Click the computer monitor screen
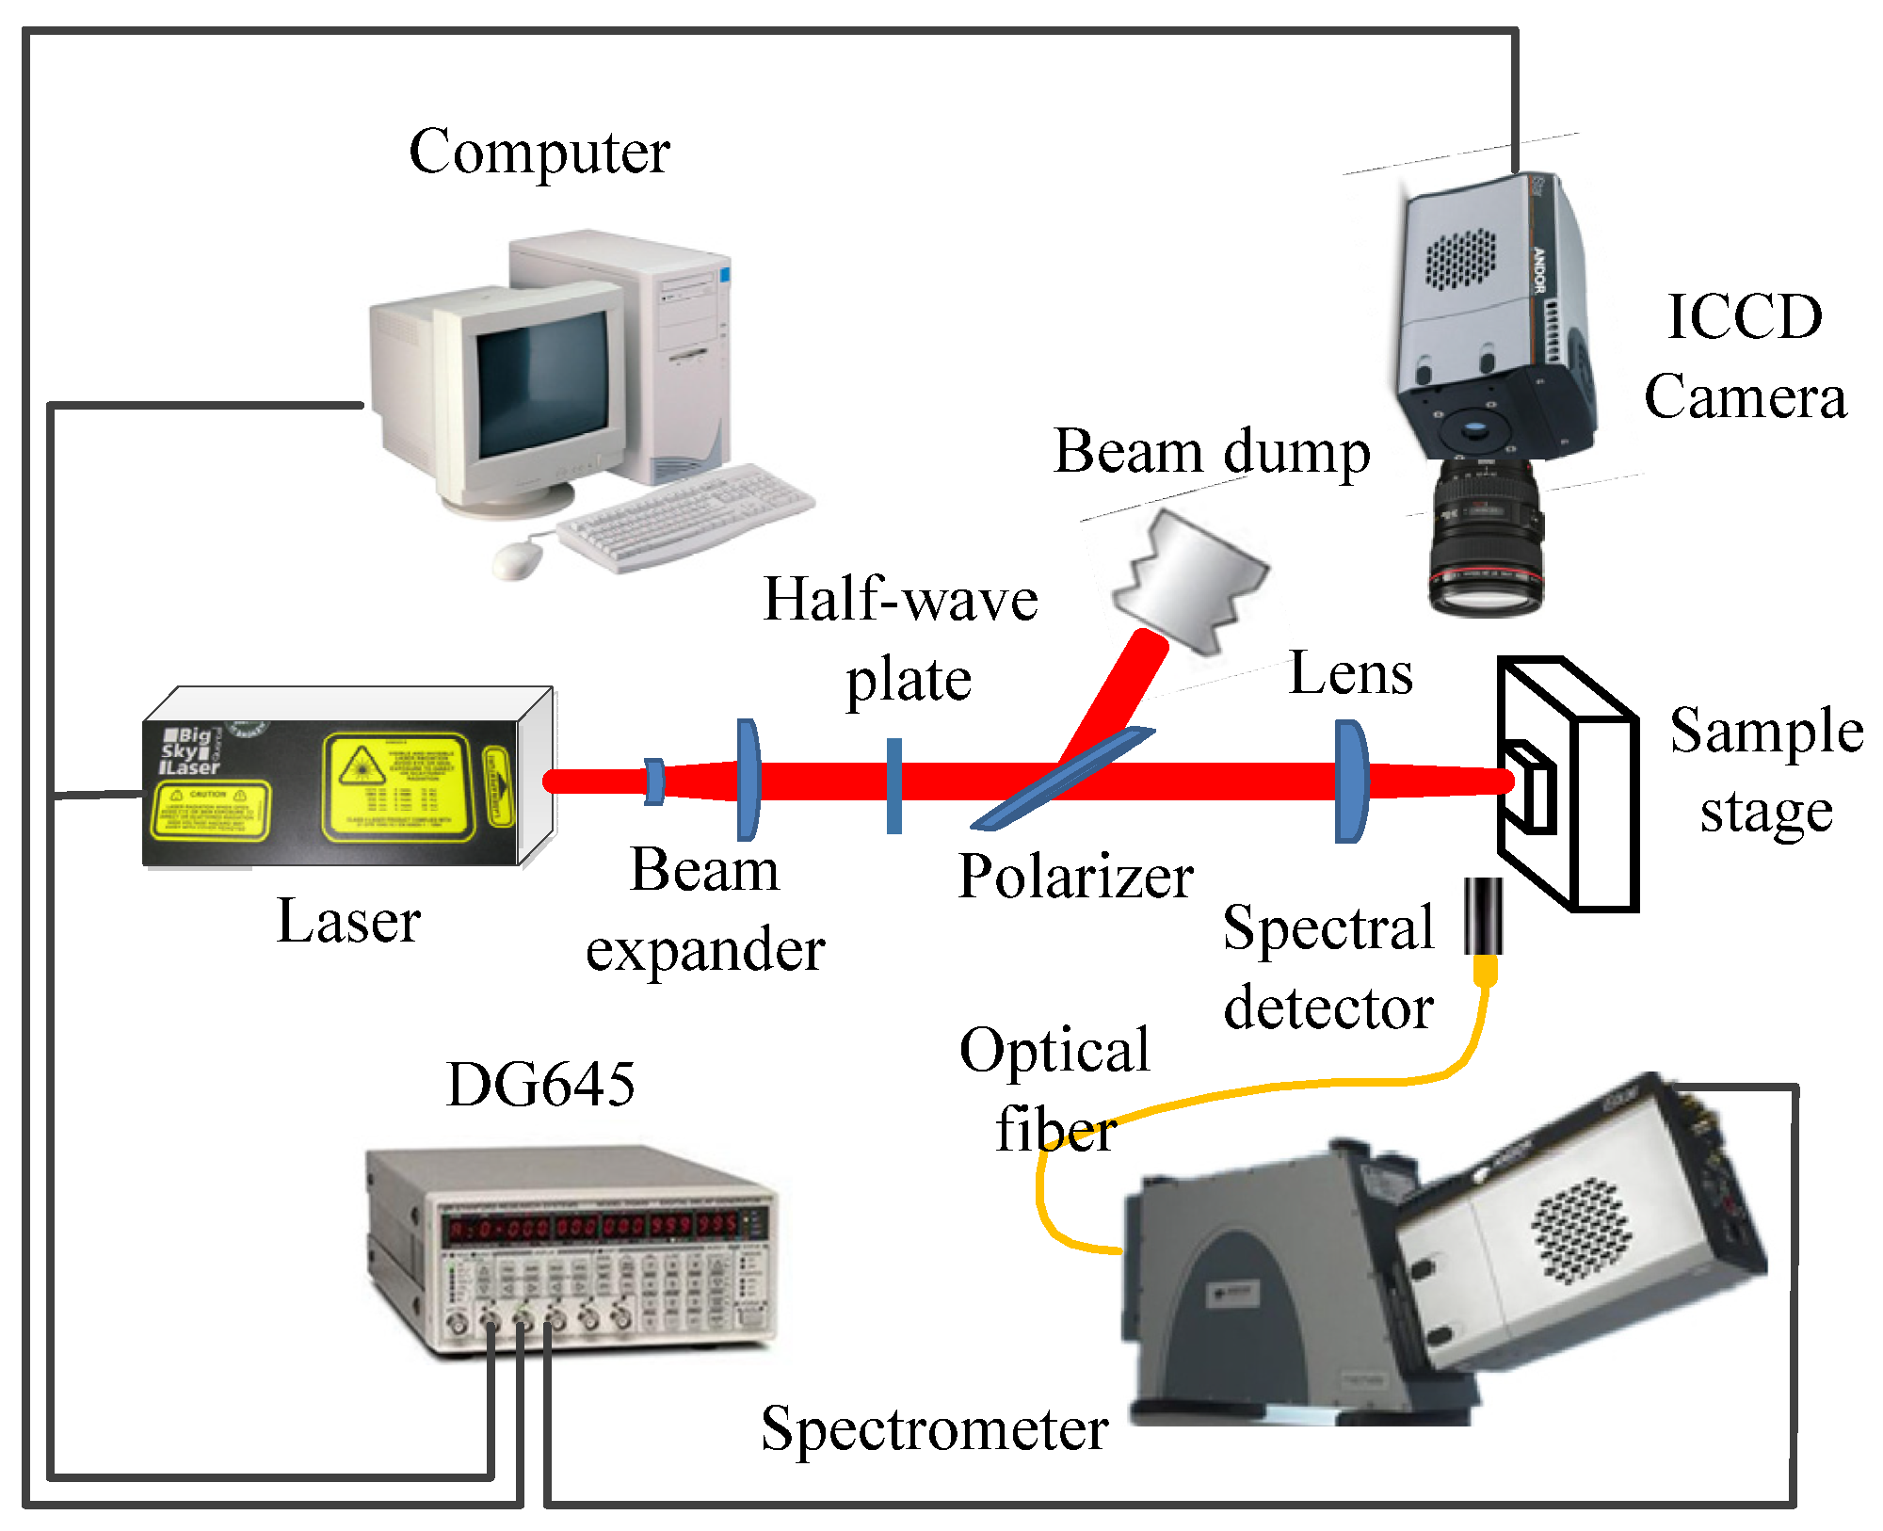pos(540,386)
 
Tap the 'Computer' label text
pos(539,153)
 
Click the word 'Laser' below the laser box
pos(348,921)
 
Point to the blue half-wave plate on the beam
pos(893,784)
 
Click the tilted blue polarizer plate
pos(1061,780)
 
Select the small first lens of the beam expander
pos(653,781)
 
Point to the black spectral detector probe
pos(1483,916)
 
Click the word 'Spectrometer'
pos(934,1429)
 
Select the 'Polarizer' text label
pos(1075,877)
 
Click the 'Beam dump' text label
pos(1212,452)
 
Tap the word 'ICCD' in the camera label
pos(1744,317)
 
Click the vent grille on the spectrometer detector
pos(1581,1230)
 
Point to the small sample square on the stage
pos(1530,788)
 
